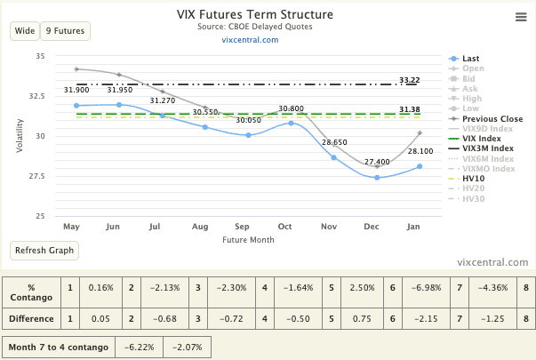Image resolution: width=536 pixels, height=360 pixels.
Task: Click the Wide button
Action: (25, 31)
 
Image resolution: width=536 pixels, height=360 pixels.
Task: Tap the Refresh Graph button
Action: (44, 250)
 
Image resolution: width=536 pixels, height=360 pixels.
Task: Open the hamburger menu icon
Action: (521, 17)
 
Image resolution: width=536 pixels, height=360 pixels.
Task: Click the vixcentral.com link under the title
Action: (250, 40)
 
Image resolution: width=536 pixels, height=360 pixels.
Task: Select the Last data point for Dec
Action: (377, 178)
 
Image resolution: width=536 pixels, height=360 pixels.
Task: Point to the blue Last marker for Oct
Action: (291, 123)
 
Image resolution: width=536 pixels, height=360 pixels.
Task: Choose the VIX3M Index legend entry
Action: (489, 148)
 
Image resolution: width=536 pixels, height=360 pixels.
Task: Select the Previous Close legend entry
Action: (492, 117)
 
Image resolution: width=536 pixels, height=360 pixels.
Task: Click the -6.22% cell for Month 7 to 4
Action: (139, 345)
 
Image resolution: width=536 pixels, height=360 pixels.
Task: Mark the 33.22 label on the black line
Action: (410, 80)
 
